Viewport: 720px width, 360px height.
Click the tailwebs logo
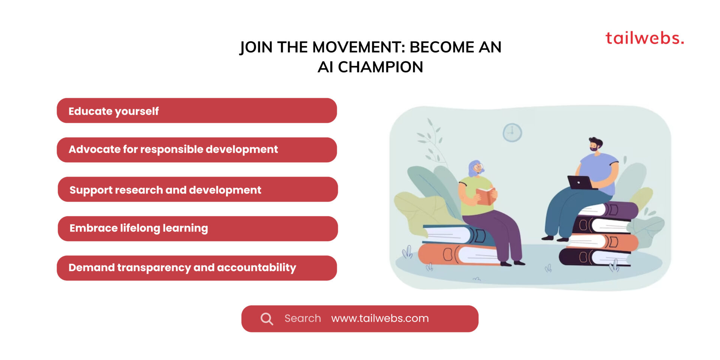pos(644,38)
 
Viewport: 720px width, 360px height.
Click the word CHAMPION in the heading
pos(380,67)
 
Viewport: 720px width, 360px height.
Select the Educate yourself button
pos(196,111)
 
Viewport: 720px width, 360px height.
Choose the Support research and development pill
pos(198,189)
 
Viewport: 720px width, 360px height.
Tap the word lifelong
pos(140,228)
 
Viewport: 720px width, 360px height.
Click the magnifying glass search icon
pos(267,319)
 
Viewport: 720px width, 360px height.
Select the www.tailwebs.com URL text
pos(379,318)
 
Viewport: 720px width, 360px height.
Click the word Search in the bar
pos(302,318)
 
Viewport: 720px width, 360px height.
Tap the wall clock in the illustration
pos(512,132)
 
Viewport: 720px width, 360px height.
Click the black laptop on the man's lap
pos(580,183)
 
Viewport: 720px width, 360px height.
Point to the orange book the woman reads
pos(485,196)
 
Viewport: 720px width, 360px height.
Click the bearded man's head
pos(595,144)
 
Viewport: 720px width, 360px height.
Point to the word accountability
pos(256,268)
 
